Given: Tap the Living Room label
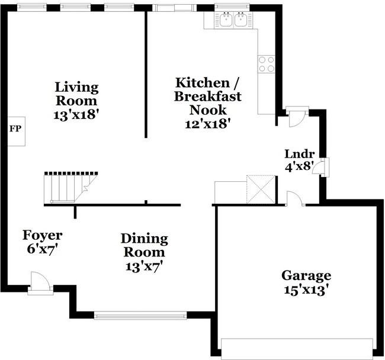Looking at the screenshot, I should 76,94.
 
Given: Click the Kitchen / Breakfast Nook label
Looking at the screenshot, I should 207,96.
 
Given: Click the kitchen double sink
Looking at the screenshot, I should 233,21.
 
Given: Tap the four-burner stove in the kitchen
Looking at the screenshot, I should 266,63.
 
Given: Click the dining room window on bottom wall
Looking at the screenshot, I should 141,315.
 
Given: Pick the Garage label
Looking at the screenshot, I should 306,275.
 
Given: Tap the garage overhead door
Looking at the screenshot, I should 297,348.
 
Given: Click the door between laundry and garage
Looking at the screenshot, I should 294,200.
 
